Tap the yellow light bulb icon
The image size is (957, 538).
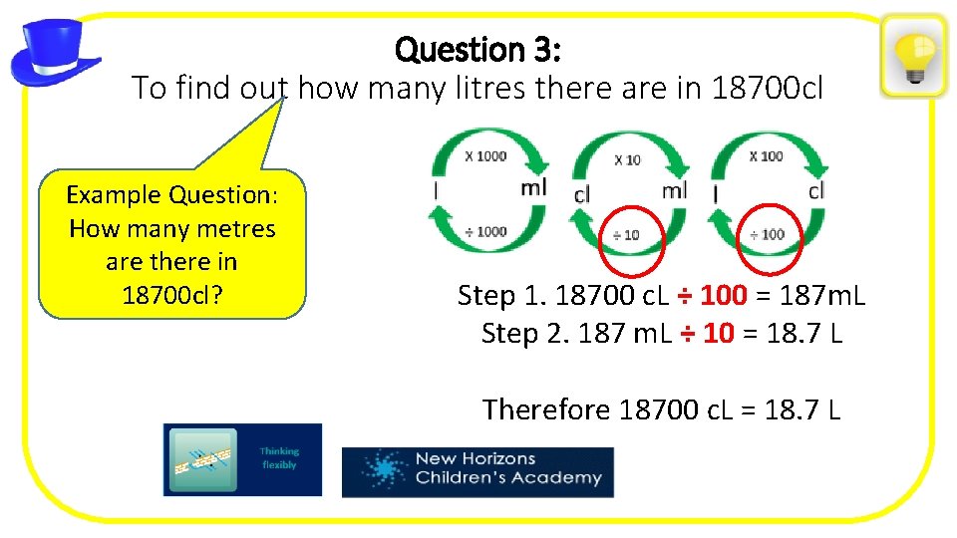click(913, 56)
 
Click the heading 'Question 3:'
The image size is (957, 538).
click(481, 49)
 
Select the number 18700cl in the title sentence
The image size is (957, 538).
click(769, 89)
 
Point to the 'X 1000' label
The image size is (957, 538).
click(485, 155)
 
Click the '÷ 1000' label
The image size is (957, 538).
click(485, 231)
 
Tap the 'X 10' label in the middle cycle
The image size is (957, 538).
click(627, 159)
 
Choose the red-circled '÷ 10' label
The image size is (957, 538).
click(626, 236)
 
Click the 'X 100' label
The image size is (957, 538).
click(766, 155)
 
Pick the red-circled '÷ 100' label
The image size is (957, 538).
click(767, 234)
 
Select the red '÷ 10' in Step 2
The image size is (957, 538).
click(705, 334)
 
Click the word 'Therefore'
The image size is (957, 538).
click(546, 409)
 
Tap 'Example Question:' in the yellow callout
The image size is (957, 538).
click(171, 194)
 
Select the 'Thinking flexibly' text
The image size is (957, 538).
click(279, 458)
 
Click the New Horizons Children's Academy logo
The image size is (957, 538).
click(478, 470)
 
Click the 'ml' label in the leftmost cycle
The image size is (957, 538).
click(534, 187)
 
